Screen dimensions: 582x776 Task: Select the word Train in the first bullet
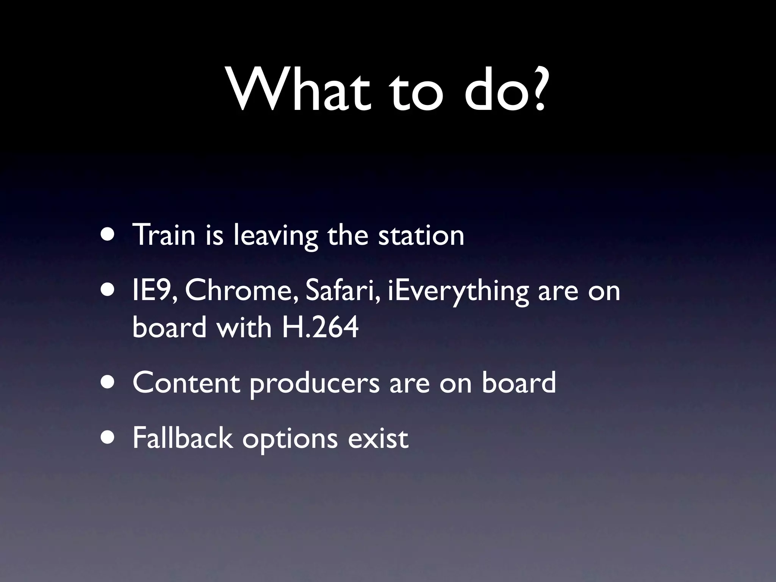[x=163, y=235]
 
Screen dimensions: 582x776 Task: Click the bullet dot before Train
[x=110, y=235]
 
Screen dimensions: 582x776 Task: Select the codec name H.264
[x=320, y=327]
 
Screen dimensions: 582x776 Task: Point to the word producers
[x=314, y=384]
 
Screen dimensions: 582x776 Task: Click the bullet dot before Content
[x=110, y=383]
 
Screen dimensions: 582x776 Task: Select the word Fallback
[x=182, y=438]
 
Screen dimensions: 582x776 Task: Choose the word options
[x=290, y=440]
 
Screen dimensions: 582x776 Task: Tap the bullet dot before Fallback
[x=110, y=438]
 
